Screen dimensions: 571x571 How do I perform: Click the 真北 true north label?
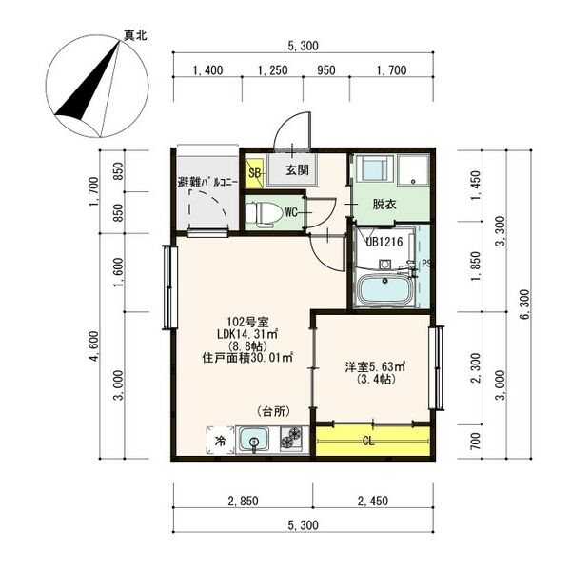tap(136, 35)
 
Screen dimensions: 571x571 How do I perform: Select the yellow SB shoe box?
tap(254, 172)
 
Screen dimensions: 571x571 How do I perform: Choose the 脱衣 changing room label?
tap(384, 204)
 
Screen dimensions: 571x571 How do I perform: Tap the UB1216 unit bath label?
tap(384, 242)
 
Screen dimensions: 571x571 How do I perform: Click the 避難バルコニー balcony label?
tap(207, 182)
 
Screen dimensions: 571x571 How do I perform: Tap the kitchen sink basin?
tap(254, 440)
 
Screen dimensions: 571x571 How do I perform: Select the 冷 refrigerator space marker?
tap(219, 441)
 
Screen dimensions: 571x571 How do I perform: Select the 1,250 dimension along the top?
tap(272, 70)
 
